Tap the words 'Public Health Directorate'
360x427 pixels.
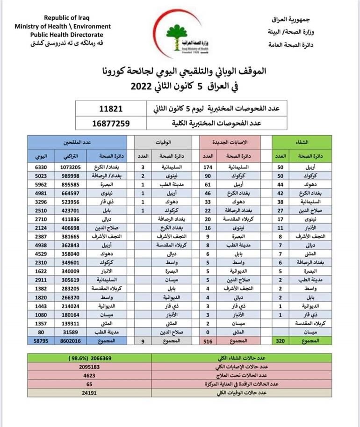(67, 35)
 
